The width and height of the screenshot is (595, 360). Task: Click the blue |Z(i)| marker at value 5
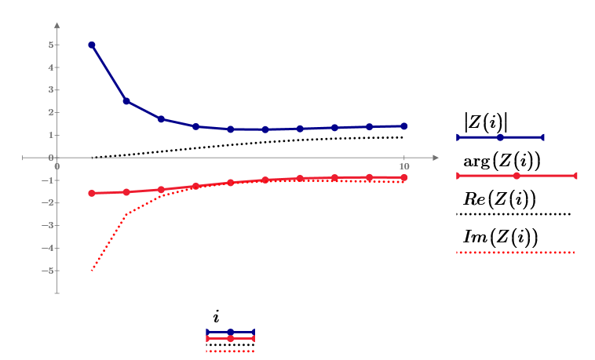pos(92,45)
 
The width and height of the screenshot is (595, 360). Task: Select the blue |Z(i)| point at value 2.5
pos(126,101)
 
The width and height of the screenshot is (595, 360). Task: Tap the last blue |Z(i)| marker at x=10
pos(404,125)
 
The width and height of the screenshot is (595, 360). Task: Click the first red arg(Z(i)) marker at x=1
pos(92,193)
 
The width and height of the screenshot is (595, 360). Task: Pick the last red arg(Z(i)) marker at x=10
pos(404,177)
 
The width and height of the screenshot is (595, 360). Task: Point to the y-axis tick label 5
pos(49,45)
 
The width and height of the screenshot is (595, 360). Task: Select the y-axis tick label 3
pos(49,90)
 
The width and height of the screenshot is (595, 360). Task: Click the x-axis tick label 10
pos(404,165)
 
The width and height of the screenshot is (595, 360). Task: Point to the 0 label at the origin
pos(57,165)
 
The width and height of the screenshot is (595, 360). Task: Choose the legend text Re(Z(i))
pos(499,199)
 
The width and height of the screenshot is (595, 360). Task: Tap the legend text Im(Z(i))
pos(499,238)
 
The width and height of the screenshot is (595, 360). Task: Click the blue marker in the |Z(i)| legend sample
pos(500,137)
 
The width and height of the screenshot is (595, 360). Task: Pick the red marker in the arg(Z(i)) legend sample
pos(517,176)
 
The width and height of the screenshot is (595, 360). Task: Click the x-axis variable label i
pos(216,317)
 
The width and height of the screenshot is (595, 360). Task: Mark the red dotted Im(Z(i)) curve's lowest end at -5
pos(92,271)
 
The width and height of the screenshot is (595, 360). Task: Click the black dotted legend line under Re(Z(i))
pos(513,213)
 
